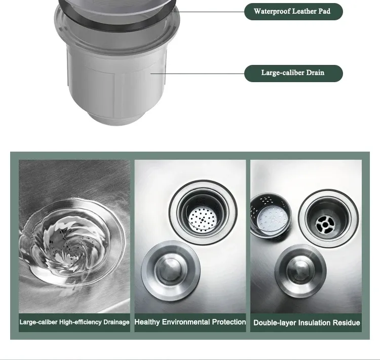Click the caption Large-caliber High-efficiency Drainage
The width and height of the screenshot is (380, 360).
pos(74,322)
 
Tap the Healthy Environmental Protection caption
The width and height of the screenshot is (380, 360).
pos(190,322)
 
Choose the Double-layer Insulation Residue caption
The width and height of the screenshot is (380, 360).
pos(307,322)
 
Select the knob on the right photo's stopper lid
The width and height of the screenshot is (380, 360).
pos(300,269)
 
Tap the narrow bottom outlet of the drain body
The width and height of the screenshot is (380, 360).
pos(117,119)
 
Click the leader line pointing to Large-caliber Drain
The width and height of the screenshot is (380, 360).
pos(197,74)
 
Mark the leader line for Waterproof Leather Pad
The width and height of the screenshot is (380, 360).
pos(208,11)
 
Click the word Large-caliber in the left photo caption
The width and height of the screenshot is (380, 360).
pos(39,322)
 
